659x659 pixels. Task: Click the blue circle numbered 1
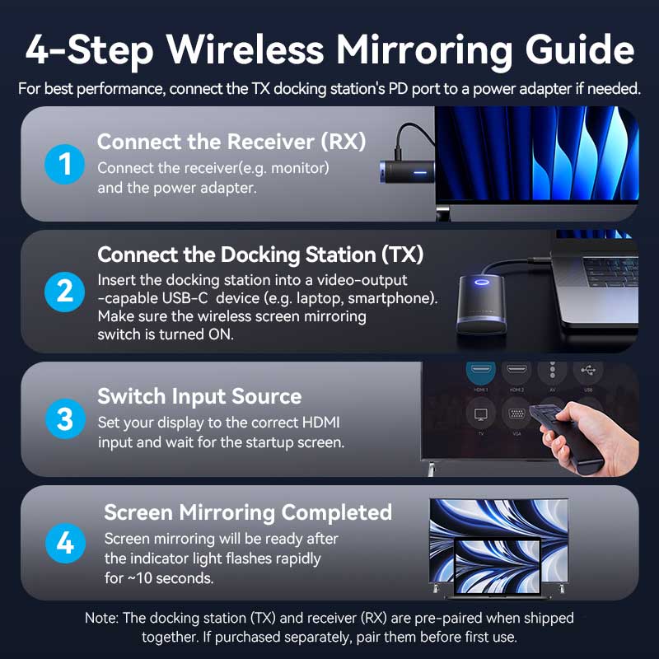pos(64,165)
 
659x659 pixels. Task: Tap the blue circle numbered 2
pos(64,293)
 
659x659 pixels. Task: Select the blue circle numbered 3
pos(64,418)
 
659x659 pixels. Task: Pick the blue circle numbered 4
pos(64,543)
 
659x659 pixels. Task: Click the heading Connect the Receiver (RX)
pos(231,142)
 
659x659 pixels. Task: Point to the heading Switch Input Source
pos(199,396)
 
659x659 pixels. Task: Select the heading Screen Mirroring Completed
pos(247,512)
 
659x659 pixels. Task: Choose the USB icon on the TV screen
pos(589,373)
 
